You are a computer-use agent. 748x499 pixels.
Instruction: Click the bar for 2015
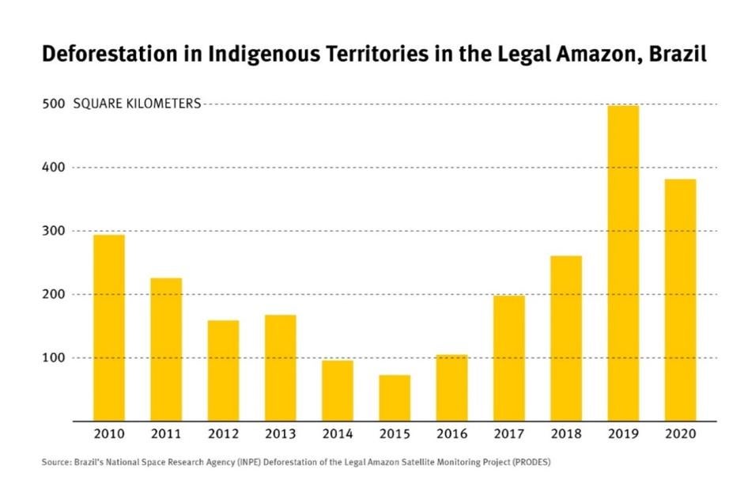tap(395, 398)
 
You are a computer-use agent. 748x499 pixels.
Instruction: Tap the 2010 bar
tap(108, 327)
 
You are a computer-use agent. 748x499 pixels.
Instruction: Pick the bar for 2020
tap(680, 301)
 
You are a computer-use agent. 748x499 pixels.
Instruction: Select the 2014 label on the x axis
tap(337, 433)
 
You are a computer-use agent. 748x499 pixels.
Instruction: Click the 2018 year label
tap(565, 433)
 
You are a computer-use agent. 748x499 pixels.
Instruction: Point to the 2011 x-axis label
tap(165, 433)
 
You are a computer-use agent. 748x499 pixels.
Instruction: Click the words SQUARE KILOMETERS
tap(137, 104)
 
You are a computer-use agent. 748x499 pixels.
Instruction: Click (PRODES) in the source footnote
tap(531, 463)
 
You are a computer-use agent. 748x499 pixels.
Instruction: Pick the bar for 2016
tap(451, 388)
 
